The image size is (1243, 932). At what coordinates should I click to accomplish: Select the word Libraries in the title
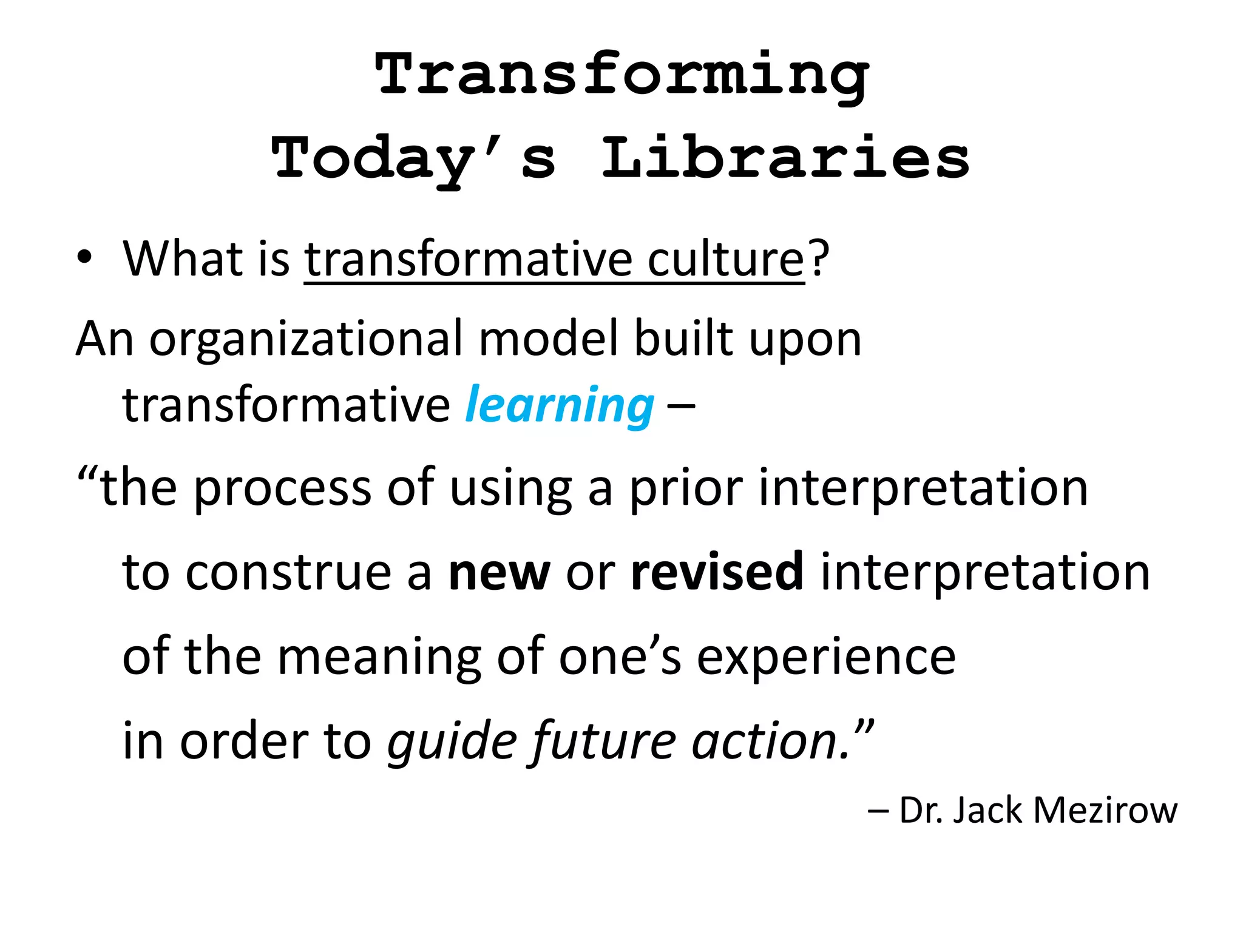point(785,159)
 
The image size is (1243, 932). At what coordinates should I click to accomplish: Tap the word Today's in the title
point(413,159)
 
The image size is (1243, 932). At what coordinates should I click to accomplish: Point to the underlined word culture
point(726,259)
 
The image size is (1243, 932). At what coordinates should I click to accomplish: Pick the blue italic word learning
point(560,405)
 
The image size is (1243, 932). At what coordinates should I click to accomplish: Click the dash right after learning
point(681,405)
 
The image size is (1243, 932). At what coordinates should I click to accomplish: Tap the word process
point(282,488)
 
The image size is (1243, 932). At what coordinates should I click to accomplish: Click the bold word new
point(499,573)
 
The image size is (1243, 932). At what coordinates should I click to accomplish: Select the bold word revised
point(717,572)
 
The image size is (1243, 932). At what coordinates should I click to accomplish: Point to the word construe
point(288,573)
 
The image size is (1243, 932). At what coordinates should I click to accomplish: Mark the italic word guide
point(452,741)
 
